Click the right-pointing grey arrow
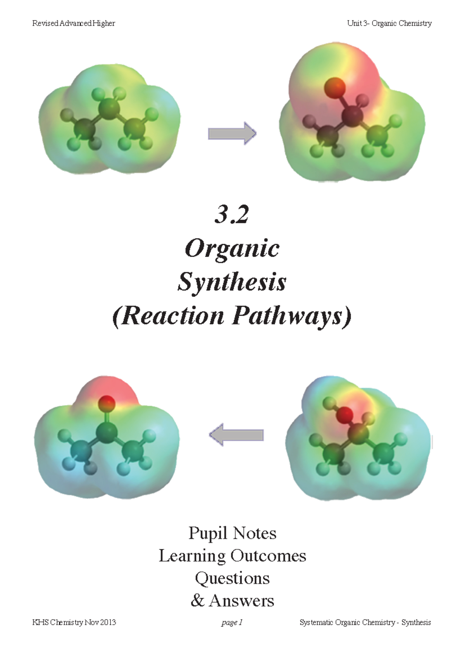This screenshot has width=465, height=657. point(232,134)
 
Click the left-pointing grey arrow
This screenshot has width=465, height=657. point(236,435)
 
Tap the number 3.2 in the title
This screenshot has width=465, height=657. point(232,215)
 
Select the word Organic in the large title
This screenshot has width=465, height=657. point(232,248)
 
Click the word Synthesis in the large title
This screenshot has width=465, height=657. point(232,282)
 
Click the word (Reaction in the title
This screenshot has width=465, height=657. point(169,316)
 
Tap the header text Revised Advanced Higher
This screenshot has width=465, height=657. point(74,23)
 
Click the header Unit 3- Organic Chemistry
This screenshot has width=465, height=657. point(389,23)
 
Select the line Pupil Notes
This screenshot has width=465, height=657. point(232,533)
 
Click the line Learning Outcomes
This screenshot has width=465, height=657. point(232,556)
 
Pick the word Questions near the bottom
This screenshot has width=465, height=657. point(232,578)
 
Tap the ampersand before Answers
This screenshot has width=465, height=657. point(197,601)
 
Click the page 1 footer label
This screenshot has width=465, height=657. point(232,623)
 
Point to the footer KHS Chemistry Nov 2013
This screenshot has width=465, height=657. point(74,623)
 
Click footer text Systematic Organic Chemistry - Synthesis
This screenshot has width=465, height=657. point(365,623)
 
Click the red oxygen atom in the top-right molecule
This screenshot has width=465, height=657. point(335,87)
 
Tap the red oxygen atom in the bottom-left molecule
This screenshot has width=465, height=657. point(106,404)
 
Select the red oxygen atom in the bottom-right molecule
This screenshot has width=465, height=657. point(344,415)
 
